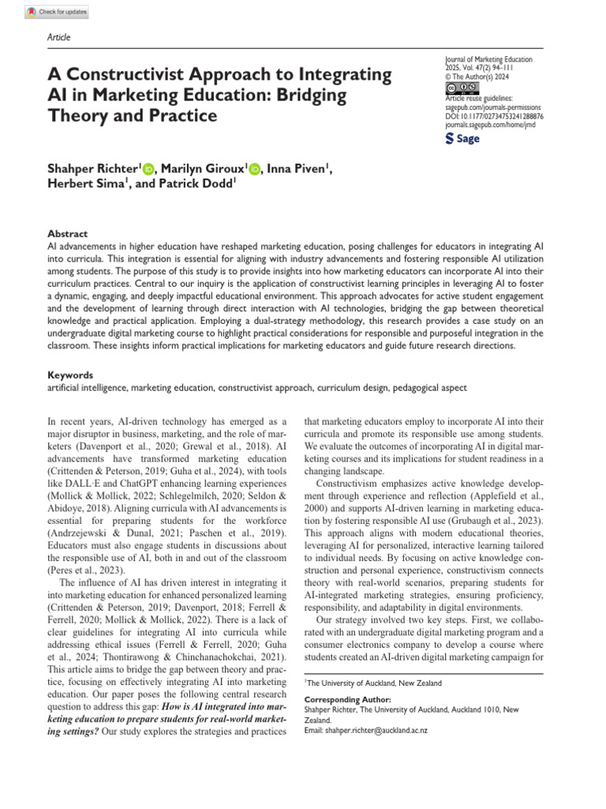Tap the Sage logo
(x=462, y=139)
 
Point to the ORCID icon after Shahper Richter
(x=148, y=169)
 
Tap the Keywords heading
(x=71, y=375)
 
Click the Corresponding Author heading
(x=348, y=699)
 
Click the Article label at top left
(x=59, y=37)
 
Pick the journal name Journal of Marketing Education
(x=488, y=59)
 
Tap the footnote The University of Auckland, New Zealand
(x=375, y=683)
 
